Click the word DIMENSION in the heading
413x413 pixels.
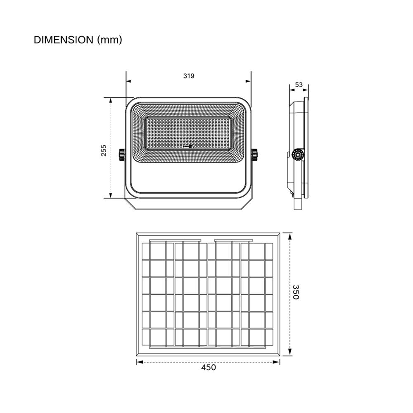[64, 40]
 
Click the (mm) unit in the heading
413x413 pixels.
[109, 40]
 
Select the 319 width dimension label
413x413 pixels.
[189, 76]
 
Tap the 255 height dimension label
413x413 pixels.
[104, 150]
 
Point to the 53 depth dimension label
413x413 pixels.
[299, 85]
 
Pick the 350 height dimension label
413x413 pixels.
[296, 292]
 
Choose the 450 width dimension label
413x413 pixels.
[208, 367]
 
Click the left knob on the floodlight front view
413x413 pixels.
[123, 154]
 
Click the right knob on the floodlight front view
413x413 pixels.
[254, 154]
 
